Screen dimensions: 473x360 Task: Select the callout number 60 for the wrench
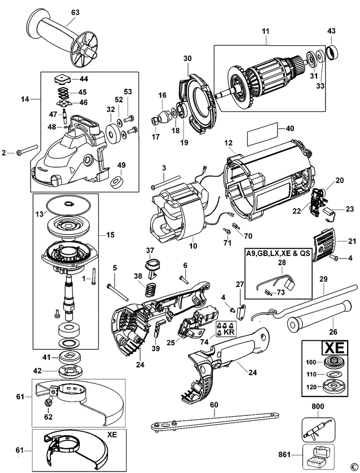click(214, 405)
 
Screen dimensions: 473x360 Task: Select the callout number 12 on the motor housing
click(228, 143)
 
